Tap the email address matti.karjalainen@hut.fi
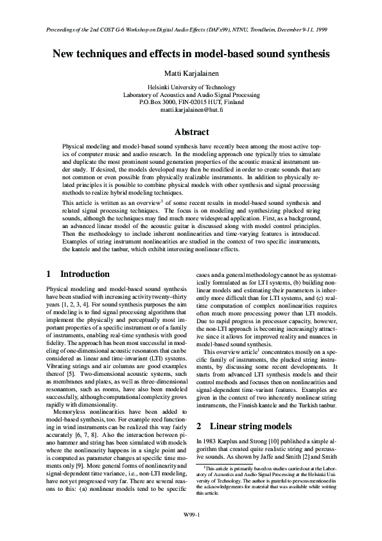click(191, 111)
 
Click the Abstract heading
click(191, 132)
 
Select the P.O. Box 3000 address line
click(191, 102)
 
